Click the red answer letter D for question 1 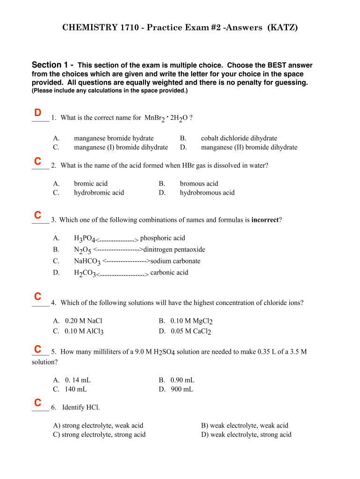point(38,113)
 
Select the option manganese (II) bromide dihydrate point(249,147)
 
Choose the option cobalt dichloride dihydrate point(239,138)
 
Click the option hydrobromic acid point(99,192)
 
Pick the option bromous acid point(199,183)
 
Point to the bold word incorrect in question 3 point(265,220)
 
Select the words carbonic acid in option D point(169,272)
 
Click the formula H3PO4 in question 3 point(85,239)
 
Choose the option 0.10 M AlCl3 point(84,331)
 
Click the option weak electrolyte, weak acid point(245,425)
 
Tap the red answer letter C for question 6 point(38,402)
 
